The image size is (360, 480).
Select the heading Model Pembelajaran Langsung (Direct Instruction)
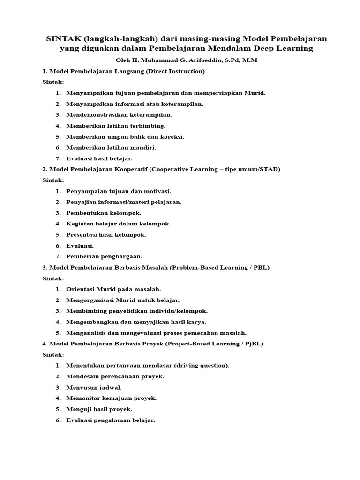[x=127, y=71]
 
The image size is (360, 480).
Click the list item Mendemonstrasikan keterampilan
[x=119, y=114]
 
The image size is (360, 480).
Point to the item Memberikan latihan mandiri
[x=111, y=147]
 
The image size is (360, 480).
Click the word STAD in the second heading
[x=270, y=169]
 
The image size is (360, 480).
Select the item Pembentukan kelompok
[x=104, y=213]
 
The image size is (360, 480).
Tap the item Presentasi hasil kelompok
[x=106, y=234]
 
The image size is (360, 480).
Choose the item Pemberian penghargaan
[x=104, y=256]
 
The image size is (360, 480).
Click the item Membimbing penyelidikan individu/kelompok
[x=137, y=311]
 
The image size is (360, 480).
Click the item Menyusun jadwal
[x=94, y=387]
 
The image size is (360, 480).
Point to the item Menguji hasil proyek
[x=99, y=409]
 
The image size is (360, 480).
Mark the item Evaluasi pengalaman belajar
[x=111, y=420]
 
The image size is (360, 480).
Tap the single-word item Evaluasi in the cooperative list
[x=80, y=246]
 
